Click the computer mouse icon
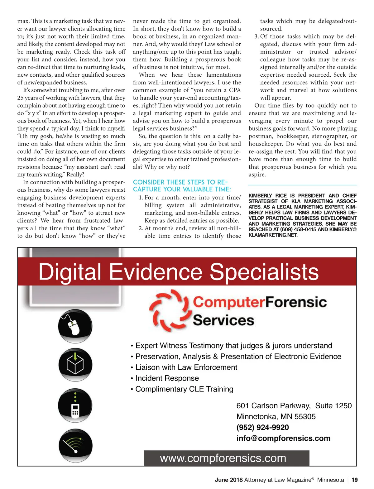75,326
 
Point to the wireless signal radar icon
75,445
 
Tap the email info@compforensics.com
283,438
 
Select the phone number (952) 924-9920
262,427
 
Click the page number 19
355,480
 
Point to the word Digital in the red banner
70,272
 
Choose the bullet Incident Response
167,378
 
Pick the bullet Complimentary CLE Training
184,389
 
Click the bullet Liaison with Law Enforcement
186,367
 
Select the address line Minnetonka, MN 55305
276,416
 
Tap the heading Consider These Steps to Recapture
182,186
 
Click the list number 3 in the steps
256,36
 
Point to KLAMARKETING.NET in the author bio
273,235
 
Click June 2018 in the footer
228,480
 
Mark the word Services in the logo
223,320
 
